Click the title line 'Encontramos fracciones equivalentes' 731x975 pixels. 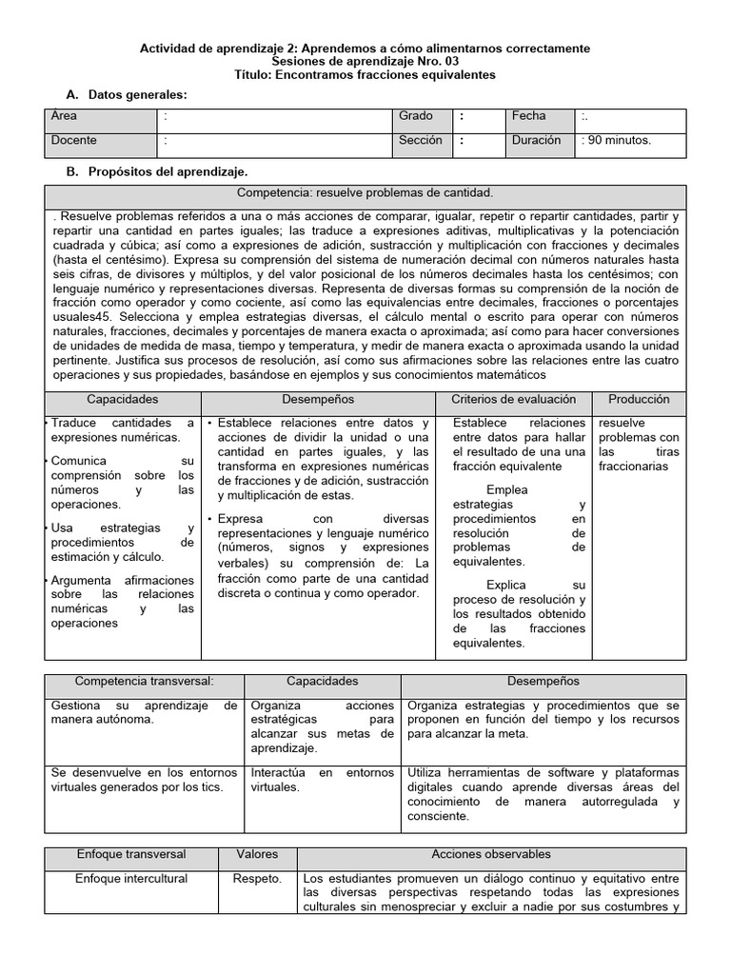[365, 75]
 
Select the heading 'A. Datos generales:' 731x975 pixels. [126, 95]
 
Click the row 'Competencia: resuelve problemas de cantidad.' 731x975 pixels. [365, 192]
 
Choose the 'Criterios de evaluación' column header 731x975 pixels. [513, 400]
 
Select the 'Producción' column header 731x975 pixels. [639, 400]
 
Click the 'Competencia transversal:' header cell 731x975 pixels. [145, 682]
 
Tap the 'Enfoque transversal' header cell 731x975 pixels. [131, 855]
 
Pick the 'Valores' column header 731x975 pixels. [257, 855]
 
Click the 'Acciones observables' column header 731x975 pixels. [491, 855]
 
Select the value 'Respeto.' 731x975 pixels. [257, 879]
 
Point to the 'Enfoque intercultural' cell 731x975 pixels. [131, 879]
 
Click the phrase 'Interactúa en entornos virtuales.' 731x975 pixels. [322, 780]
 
